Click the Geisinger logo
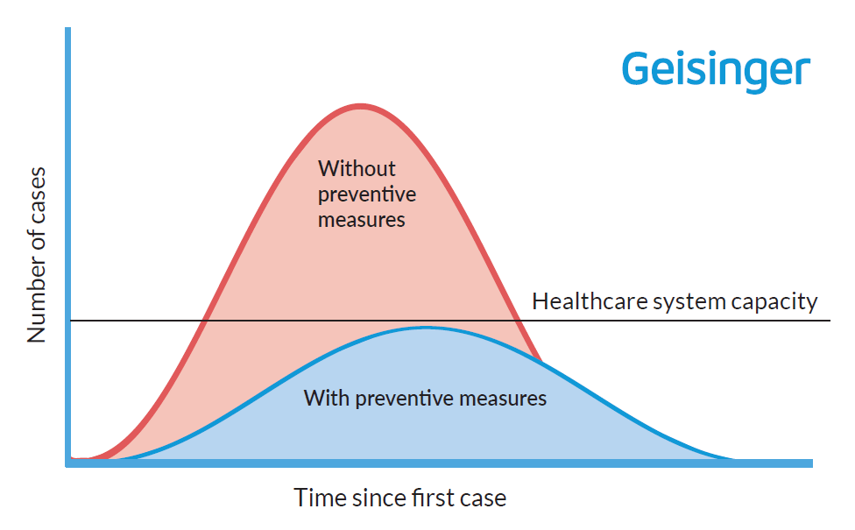(x=716, y=69)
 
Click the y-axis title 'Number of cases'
(x=37, y=254)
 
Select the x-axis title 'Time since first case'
(x=399, y=498)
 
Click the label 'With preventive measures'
(x=425, y=399)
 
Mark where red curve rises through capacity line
(x=204, y=321)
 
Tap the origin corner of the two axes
(x=68, y=463)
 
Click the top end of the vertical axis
(x=68, y=31)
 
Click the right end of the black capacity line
(x=829, y=321)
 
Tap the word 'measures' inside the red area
(x=361, y=219)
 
